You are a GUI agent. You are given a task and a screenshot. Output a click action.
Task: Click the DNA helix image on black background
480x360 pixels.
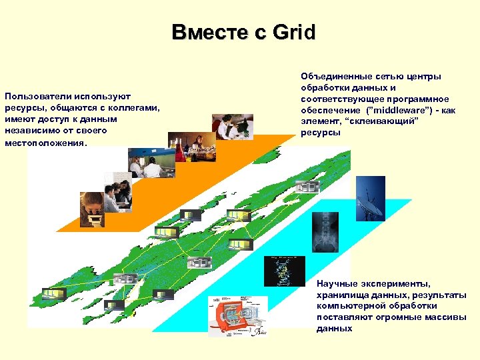point(284,271)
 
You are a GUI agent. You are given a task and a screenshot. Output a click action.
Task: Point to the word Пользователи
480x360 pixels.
point(39,97)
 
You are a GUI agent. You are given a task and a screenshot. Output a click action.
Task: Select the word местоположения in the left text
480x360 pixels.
point(45,142)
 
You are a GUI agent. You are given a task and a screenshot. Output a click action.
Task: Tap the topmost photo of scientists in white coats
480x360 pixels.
point(233,127)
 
